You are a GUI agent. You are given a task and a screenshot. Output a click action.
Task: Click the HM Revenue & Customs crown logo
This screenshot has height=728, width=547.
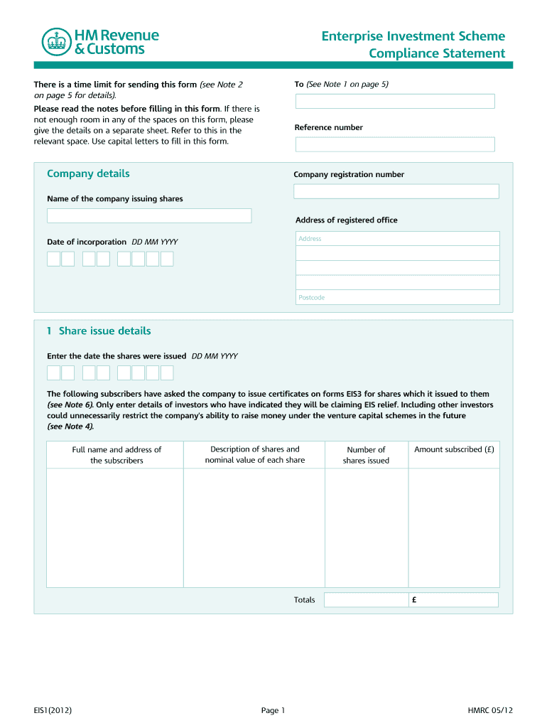(53, 42)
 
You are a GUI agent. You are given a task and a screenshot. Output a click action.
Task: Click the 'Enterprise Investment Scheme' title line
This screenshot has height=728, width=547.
(413, 36)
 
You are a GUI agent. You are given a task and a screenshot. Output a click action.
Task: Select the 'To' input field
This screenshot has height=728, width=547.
(394, 101)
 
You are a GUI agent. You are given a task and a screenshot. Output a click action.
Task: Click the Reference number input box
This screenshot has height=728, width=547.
(394, 144)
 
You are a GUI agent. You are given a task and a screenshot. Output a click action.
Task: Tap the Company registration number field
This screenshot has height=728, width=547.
(396, 191)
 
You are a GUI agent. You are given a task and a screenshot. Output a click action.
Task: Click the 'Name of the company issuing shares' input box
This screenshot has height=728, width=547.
(149, 215)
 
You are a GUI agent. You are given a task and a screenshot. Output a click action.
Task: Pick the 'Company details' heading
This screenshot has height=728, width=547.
(88, 174)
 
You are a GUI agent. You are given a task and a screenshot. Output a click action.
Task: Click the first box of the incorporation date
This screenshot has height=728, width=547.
(53, 259)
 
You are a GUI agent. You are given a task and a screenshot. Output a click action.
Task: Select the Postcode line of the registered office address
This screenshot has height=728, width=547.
(397, 297)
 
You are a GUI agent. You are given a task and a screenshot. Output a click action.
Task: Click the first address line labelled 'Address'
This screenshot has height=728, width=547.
(397, 239)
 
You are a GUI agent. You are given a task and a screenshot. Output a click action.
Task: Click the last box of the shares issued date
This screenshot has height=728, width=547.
(167, 373)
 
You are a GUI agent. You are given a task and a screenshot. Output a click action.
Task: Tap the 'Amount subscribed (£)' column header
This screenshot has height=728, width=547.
(454, 450)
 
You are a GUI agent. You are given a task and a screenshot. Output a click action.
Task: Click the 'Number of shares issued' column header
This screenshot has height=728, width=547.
(366, 455)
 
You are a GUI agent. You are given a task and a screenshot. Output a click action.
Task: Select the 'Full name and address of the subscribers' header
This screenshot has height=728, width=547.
(117, 455)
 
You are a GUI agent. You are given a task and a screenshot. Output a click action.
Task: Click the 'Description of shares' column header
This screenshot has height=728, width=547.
(254, 454)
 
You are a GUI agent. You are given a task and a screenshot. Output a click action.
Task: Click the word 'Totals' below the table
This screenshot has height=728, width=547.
(304, 600)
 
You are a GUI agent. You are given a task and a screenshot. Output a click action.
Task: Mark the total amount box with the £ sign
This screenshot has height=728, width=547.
(453, 600)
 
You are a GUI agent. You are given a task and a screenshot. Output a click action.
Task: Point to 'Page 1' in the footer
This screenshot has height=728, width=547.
(273, 710)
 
